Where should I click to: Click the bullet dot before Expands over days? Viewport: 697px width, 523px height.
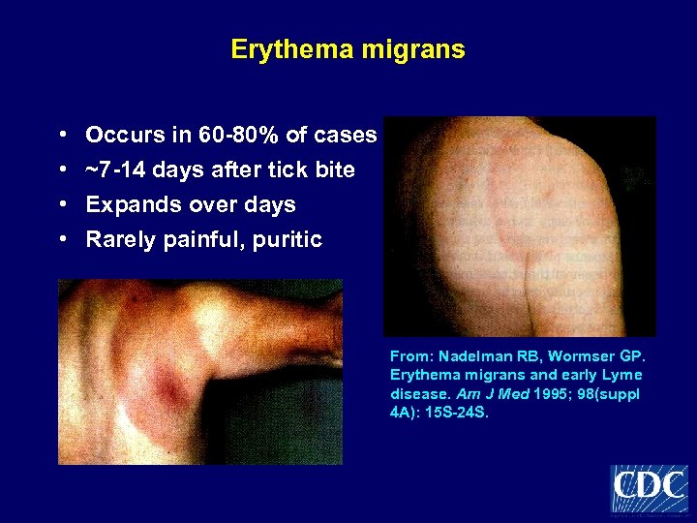tap(62, 205)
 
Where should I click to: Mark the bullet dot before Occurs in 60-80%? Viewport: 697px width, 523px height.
tap(62, 136)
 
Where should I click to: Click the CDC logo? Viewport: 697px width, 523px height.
tap(650, 488)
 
